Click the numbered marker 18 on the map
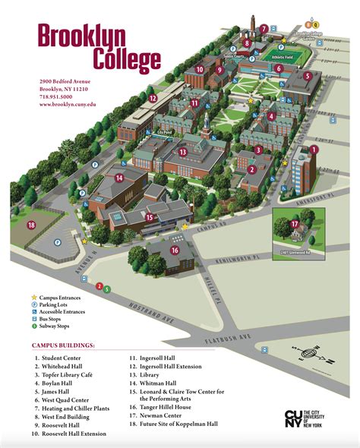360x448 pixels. (31, 225)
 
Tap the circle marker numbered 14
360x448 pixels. (119, 178)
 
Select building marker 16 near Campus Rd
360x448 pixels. (175, 251)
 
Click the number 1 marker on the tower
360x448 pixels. (312, 150)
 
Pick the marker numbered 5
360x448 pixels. (308, 76)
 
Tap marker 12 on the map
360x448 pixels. (152, 98)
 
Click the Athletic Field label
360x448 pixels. (283, 55)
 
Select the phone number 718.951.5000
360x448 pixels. (56, 97)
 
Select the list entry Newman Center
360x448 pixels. (156, 416)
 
